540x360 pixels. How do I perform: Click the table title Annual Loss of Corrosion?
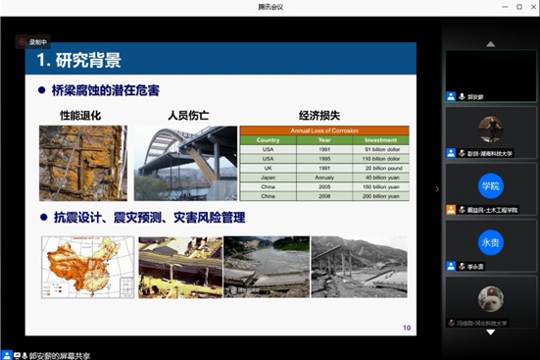[x=322, y=130]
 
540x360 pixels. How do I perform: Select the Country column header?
[x=268, y=139]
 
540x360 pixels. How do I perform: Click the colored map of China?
[x=86, y=266]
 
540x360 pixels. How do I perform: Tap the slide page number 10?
[x=407, y=328]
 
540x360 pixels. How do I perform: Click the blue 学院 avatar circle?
[x=490, y=185]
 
